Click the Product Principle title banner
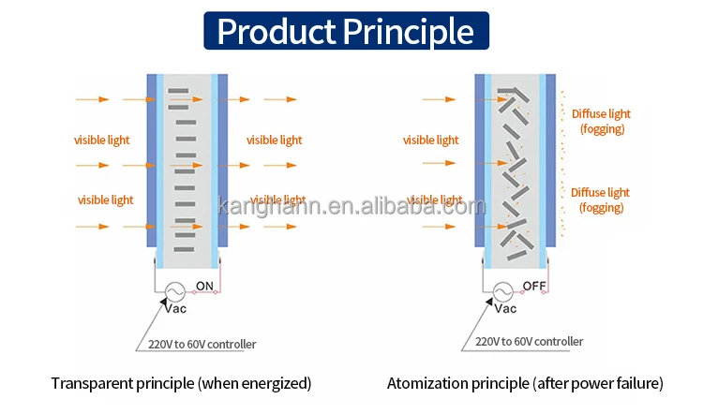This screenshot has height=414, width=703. pos(346,32)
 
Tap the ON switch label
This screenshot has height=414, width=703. pos(204,286)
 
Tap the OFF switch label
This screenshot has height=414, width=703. pos(533,286)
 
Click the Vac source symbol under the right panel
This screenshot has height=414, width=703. pos(501,291)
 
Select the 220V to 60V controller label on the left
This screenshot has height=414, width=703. pos(202,344)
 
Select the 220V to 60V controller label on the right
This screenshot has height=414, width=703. pos(530,342)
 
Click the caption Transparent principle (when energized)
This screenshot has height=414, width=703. pos(181,383)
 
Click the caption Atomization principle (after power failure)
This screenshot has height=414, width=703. pos(525,383)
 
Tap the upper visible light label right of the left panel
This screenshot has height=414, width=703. pos(275,140)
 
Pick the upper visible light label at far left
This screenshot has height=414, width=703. pos(102,140)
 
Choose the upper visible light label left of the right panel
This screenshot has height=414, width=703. pos(431,140)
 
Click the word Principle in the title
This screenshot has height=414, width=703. pos(408,32)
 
